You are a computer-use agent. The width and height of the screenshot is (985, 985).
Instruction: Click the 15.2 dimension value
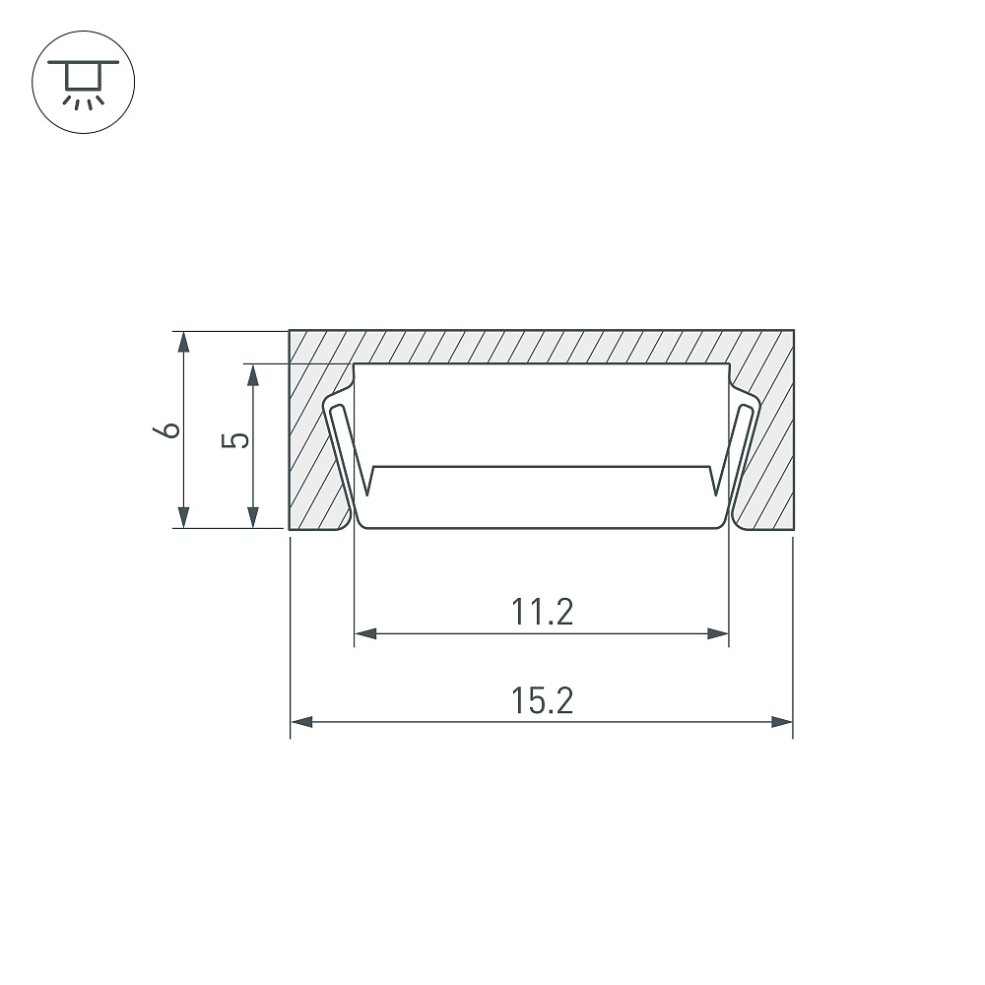(x=542, y=701)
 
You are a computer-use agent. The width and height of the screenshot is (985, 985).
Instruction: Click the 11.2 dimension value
(x=542, y=613)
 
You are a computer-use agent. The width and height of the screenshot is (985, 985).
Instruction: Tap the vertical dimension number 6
(x=166, y=430)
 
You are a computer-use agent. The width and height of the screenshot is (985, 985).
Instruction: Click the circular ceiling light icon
(x=84, y=83)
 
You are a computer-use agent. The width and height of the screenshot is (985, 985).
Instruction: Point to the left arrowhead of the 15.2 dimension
(x=301, y=722)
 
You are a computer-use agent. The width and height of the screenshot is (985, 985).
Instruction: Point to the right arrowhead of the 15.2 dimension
(x=781, y=722)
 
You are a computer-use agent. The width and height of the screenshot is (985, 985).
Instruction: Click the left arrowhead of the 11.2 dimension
(x=365, y=633)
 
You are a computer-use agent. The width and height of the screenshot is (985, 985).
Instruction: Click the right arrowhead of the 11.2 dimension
(x=717, y=633)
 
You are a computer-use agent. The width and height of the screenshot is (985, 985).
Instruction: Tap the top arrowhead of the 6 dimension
(x=183, y=342)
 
